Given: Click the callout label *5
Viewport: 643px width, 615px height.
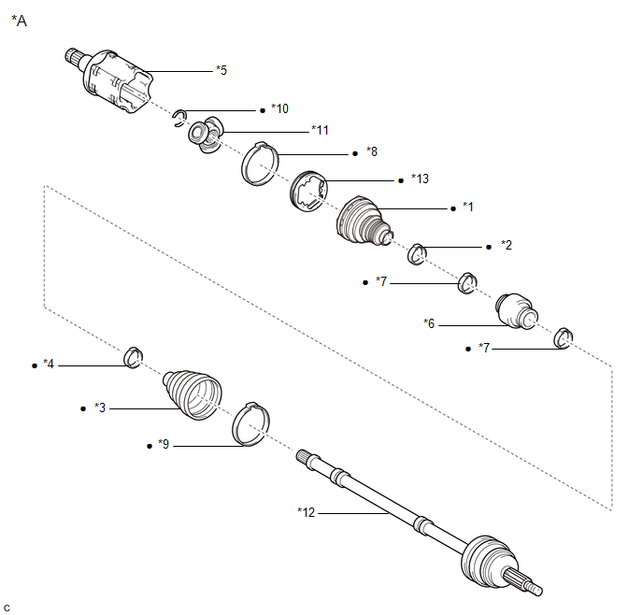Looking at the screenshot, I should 221,69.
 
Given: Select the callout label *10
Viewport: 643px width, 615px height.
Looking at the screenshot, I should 279,109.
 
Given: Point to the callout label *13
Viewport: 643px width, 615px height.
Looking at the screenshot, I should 419,179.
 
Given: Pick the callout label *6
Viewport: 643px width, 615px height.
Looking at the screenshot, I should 430,323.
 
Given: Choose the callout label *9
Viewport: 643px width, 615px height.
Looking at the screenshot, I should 164,446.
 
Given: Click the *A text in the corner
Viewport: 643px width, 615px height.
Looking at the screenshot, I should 19,21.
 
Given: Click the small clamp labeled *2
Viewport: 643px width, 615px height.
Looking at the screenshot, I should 419,251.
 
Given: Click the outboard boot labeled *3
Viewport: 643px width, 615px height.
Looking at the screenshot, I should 193,395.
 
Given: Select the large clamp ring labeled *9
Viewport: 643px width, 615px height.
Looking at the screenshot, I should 250,424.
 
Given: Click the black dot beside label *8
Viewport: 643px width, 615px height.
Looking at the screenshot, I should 353,151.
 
